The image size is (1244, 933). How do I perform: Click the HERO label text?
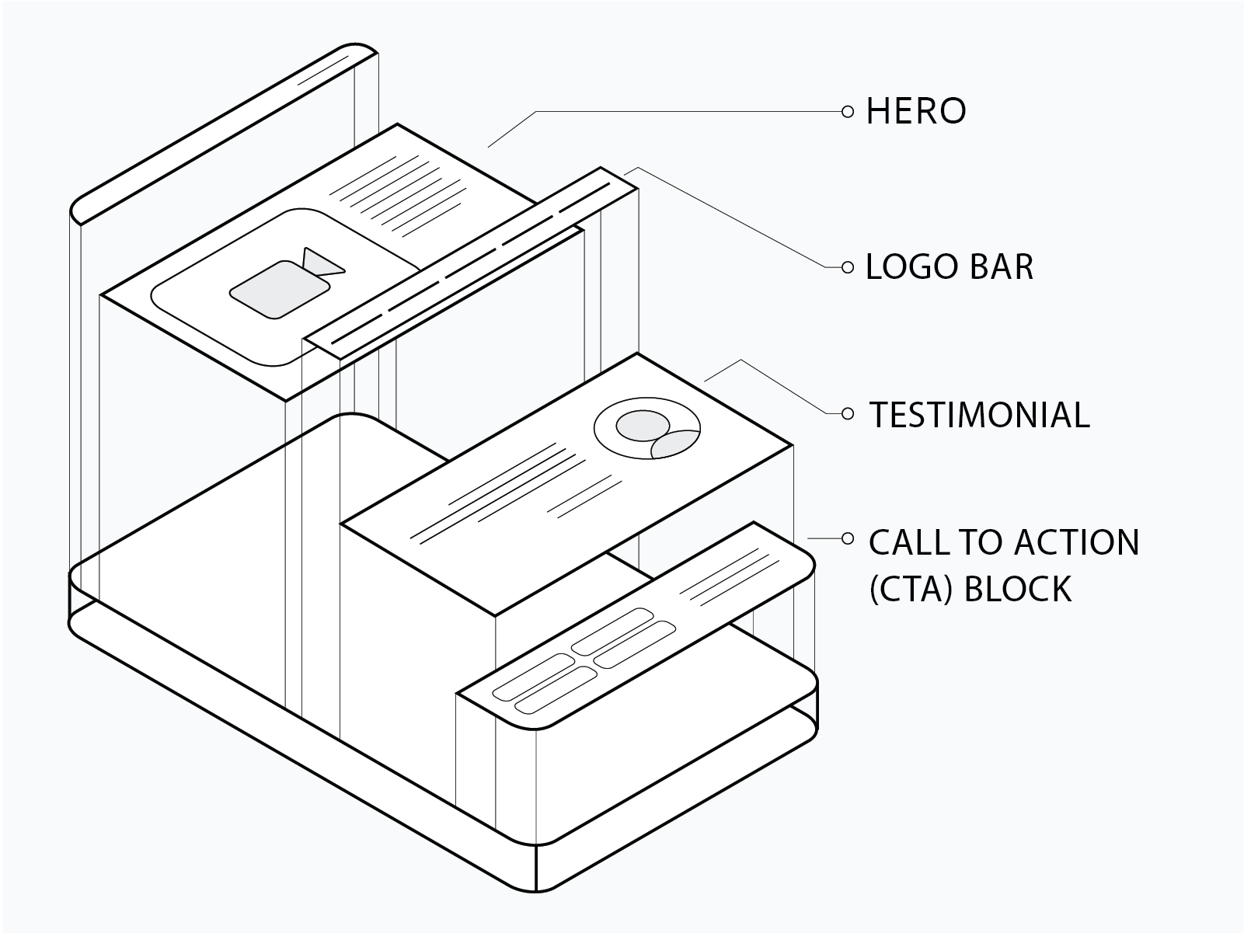tap(916, 111)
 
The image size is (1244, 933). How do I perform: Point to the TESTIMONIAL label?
tap(979, 415)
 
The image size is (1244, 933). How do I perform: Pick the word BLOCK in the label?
tap(1018, 589)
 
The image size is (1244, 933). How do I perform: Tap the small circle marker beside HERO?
tap(847, 112)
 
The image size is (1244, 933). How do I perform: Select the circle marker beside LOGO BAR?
tap(847, 267)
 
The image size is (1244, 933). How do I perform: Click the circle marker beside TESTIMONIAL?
tap(847, 414)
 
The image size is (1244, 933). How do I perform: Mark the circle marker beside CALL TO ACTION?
tap(847, 538)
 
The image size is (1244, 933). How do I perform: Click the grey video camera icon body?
tap(280, 290)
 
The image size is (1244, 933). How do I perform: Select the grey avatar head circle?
tap(643, 425)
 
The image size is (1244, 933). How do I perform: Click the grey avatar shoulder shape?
tap(674, 444)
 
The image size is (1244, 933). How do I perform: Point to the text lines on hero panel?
tap(396, 196)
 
